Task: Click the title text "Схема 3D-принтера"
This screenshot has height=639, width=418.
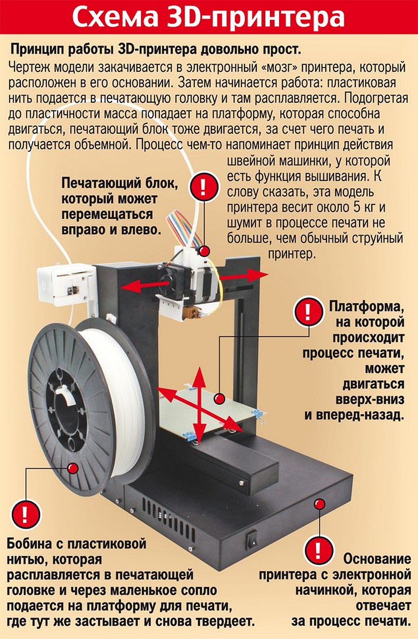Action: pyautogui.click(x=208, y=17)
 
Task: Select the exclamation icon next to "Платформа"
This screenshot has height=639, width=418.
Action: pyautogui.click(x=308, y=312)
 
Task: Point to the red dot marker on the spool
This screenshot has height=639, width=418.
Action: pyautogui.click(x=73, y=468)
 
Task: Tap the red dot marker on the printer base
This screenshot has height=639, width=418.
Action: pyautogui.click(x=320, y=504)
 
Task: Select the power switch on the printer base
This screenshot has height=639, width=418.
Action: pyautogui.click(x=252, y=540)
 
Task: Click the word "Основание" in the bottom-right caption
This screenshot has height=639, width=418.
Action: pyautogui.click(x=377, y=559)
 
